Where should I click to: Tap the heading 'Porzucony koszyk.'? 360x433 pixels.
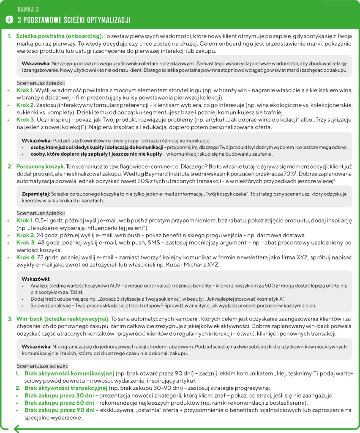point(41,166)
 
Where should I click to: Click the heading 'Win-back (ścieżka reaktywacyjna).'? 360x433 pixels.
point(63,318)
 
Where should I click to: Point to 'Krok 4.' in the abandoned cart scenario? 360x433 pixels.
point(26,257)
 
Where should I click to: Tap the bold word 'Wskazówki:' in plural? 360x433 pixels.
point(36,279)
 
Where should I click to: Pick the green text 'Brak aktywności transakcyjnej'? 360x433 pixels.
point(65,388)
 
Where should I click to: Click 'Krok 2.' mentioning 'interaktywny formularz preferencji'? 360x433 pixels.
point(26,105)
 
